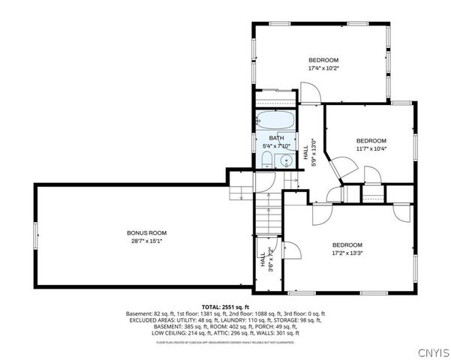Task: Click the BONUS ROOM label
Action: (139, 232)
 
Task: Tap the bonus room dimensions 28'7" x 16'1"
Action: (139, 241)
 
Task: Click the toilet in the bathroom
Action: (267, 158)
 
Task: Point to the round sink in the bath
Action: (285, 159)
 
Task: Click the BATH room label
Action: (277, 139)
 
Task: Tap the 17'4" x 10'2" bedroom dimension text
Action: (323, 68)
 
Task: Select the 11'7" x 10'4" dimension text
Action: (371, 148)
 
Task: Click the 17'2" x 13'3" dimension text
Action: (347, 253)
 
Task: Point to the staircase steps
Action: (268, 217)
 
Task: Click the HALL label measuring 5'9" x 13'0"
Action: (309, 153)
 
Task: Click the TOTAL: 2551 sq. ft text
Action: (225, 307)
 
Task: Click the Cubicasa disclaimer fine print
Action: (225, 342)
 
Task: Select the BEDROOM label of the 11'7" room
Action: (371, 141)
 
